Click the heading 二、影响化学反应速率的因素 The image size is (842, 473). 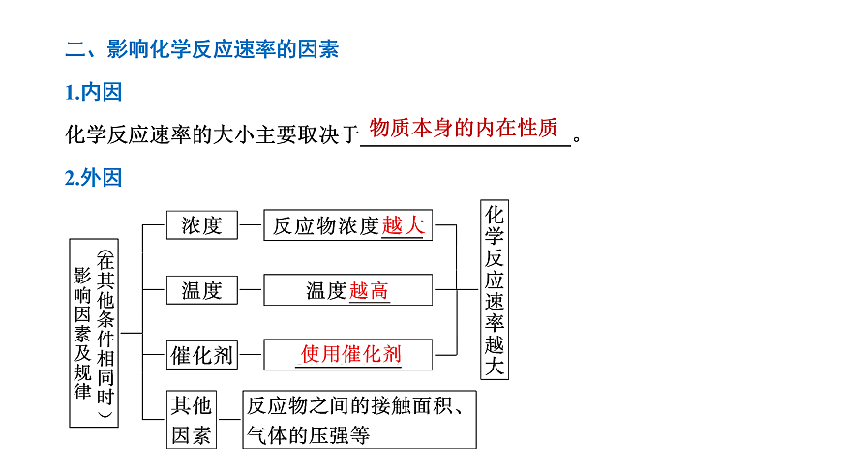pos(202,49)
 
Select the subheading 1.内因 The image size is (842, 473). pos(94,92)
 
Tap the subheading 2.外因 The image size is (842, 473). pos(94,178)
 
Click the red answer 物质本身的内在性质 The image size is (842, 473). pos(464,129)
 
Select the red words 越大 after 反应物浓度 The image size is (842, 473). pos(403,225)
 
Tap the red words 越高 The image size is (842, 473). pos(369,290)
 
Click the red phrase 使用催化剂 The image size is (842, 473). pos(350,354)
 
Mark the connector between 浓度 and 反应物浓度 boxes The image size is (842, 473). pos(251,225)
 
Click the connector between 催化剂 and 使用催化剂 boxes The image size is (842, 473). pos(251,355)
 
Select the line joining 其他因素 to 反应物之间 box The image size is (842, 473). pos(229,419)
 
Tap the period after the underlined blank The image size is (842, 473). pos(577,139)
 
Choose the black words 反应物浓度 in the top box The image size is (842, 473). pos(326,226)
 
